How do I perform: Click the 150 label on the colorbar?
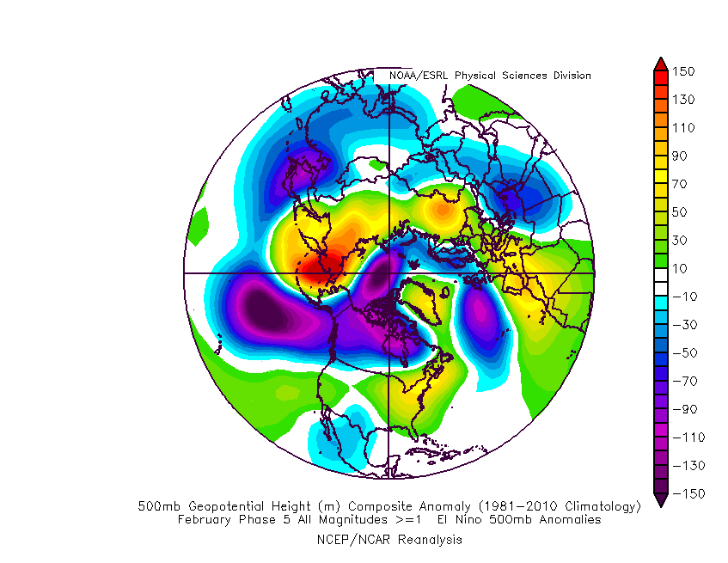(684, 70)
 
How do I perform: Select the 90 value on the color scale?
(684, 156)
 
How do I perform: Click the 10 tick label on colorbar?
(684, 268)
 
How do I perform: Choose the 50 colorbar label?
(684, 211)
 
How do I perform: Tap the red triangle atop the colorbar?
(660, 63)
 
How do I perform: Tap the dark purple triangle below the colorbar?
(660, 500)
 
